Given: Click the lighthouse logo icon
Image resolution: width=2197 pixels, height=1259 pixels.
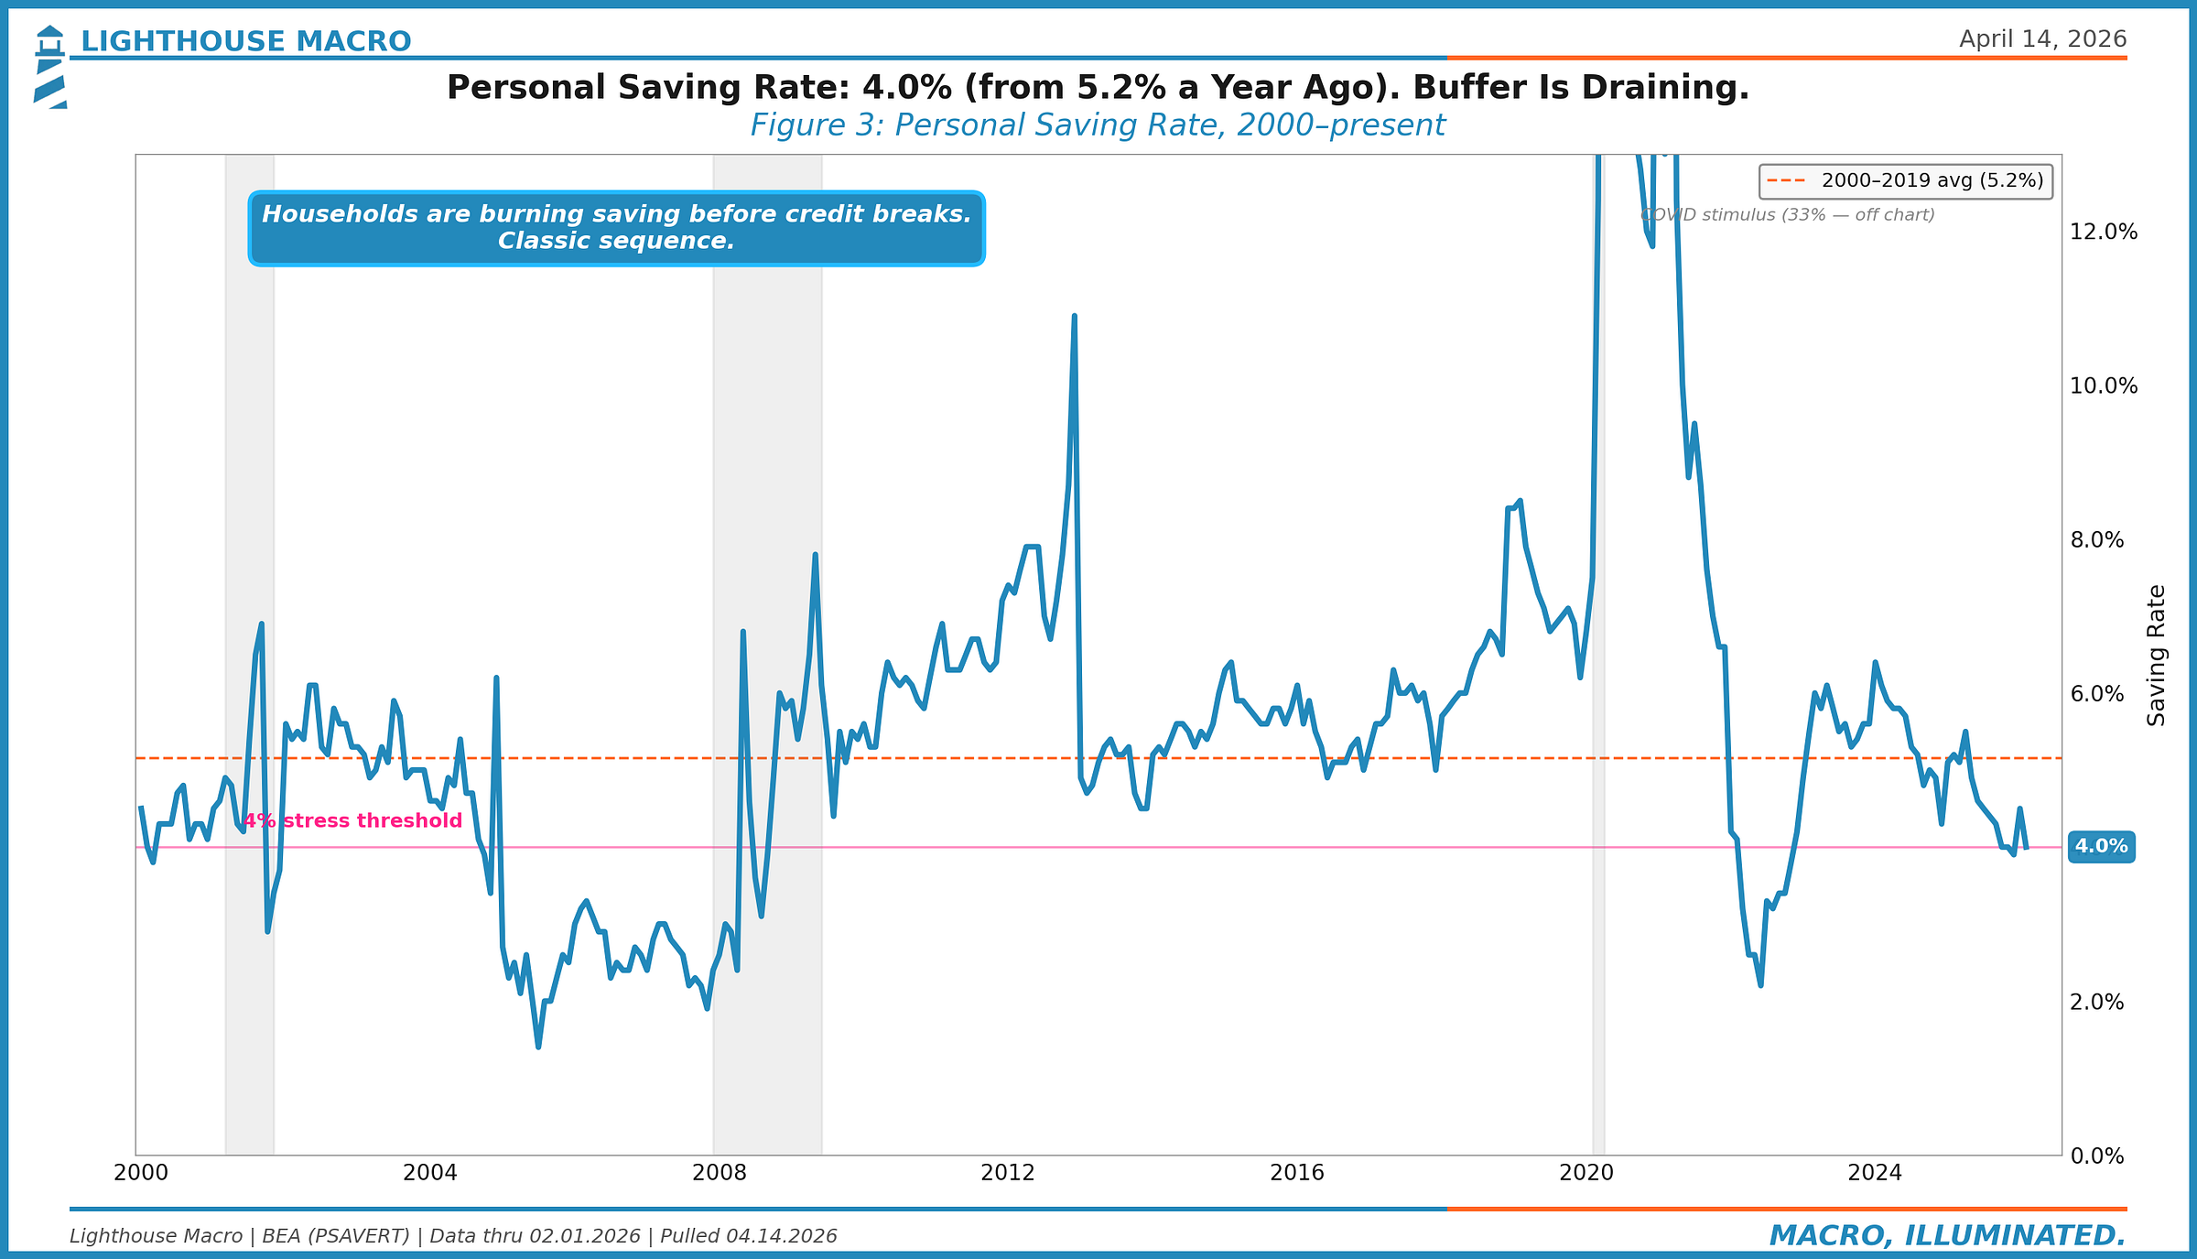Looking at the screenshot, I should coord(50,67).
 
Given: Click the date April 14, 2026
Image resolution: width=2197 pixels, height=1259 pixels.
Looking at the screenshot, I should coord(2042,39).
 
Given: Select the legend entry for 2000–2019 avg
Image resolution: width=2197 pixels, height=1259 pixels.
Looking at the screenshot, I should coord(1906,180).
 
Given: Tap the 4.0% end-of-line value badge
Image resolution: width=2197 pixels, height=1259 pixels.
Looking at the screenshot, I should coord(2100,847).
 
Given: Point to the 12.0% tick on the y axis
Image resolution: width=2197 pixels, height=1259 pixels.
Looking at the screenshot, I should coord(2103,232).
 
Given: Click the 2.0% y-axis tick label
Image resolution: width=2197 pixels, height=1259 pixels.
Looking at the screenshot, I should coord(2096,1002).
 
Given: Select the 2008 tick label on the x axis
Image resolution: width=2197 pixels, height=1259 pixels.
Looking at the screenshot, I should coord(719,1173).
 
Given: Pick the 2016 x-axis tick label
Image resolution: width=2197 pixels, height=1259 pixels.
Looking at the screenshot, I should coord(1296,1173).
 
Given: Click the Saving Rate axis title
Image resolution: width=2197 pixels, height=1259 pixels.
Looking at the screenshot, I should coord(2157,656).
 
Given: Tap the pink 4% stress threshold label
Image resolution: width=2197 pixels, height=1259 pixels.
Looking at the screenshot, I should coord(353,820).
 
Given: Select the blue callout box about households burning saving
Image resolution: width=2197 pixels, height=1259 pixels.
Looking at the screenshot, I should coord(616,228).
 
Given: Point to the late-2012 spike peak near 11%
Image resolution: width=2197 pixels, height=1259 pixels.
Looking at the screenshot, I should coord(1074,316).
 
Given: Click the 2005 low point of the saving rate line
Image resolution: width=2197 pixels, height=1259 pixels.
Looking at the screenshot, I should coord(538,1047).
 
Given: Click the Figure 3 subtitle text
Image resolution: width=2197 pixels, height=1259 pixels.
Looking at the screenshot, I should coord(1098,125).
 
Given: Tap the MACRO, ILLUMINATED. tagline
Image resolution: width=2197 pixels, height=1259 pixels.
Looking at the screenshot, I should coord(1947,1235).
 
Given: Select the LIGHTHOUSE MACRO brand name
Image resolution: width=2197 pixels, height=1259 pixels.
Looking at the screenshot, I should coord(246,41).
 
